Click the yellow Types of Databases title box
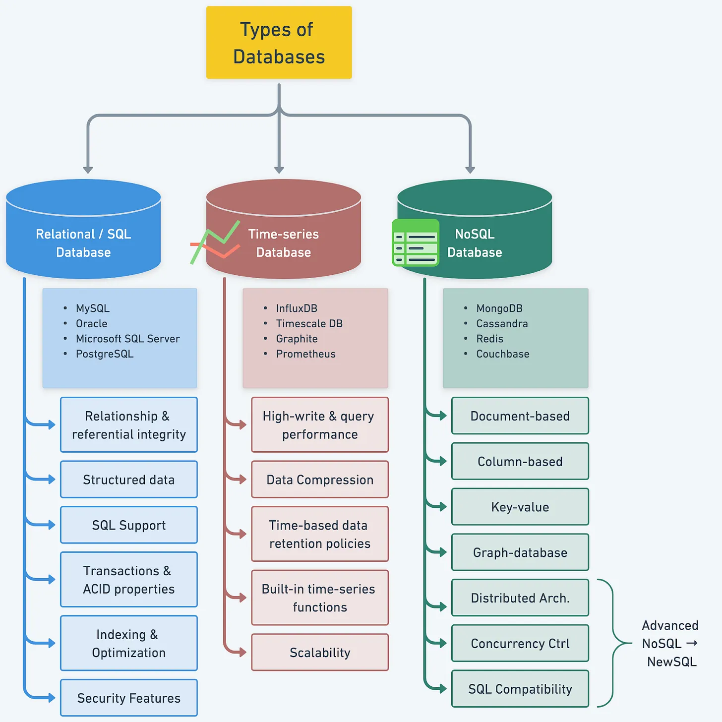point(279,42)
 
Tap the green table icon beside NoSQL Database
point(415,242)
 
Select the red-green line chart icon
point(215,242)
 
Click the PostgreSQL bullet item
point(105,354)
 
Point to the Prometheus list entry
point(306,354)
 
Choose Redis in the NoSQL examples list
point(489,339)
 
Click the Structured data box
point(129,479)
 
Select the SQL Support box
point(129,525)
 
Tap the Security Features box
point(129,698)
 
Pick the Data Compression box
point(320,479)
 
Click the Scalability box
point(320,652)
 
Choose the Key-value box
point(520,507)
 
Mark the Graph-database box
point(520,552)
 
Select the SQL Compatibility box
point(520,689)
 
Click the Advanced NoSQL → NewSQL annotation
point(670,643)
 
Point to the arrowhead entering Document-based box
point(443,415)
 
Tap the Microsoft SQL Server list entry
point(128,339)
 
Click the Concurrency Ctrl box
point(520,643)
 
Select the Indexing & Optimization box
point(129,643)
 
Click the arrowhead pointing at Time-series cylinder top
point(279,170)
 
